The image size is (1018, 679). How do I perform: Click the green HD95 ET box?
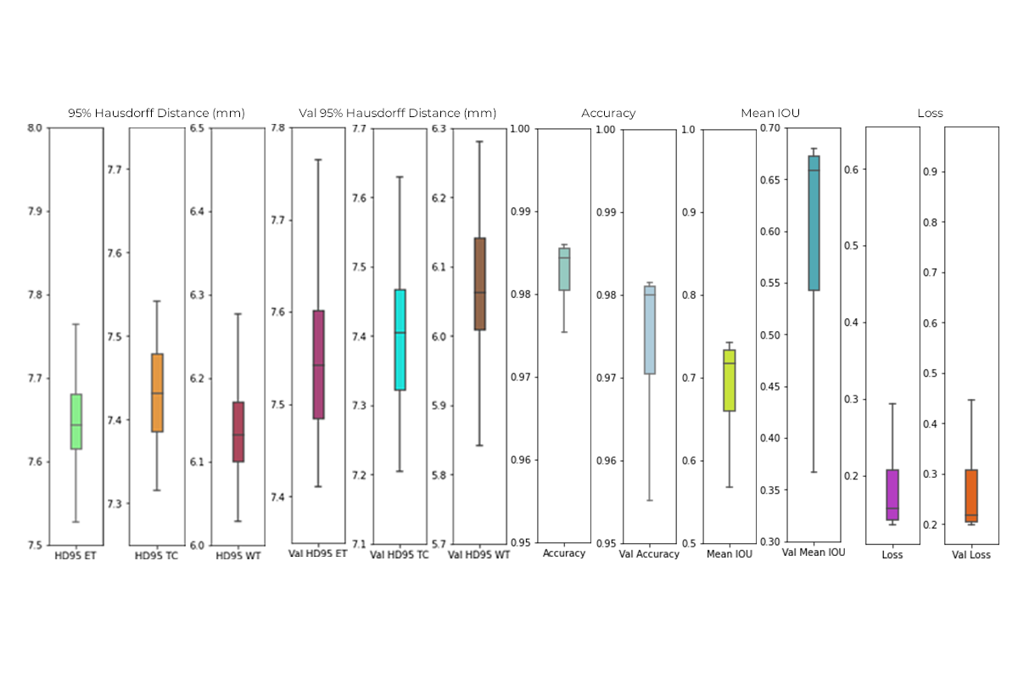(x=76, y=421)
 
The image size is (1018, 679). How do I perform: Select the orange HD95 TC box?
(x=156, y=393)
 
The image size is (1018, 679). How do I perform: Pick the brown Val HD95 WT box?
(x=479, y=283)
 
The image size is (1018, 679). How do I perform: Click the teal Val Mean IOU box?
(x=814, y=223)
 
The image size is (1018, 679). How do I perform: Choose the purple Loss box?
(x=892, y=495)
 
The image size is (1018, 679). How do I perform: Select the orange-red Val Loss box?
(x=971, y=496)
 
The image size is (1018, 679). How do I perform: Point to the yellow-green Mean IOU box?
(x=729, y=380)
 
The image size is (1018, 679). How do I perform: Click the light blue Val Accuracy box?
(x=649, y=330)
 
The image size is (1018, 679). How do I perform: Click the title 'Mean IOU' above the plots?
(x=769, y=113)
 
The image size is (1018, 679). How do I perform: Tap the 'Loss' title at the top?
(x=930, y=113)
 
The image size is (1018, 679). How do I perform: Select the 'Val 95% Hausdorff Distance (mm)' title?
(x=397, y=113)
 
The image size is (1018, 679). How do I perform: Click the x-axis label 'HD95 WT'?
(x=238, y=555)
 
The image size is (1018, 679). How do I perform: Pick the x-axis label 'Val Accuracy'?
(x=649, y=554)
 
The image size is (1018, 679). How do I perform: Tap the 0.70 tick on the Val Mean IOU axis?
(x=770, y=128)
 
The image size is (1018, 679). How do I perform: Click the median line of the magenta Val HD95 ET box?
(x=318, y=365)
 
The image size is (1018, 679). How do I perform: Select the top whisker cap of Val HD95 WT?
(x=479, y=142)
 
